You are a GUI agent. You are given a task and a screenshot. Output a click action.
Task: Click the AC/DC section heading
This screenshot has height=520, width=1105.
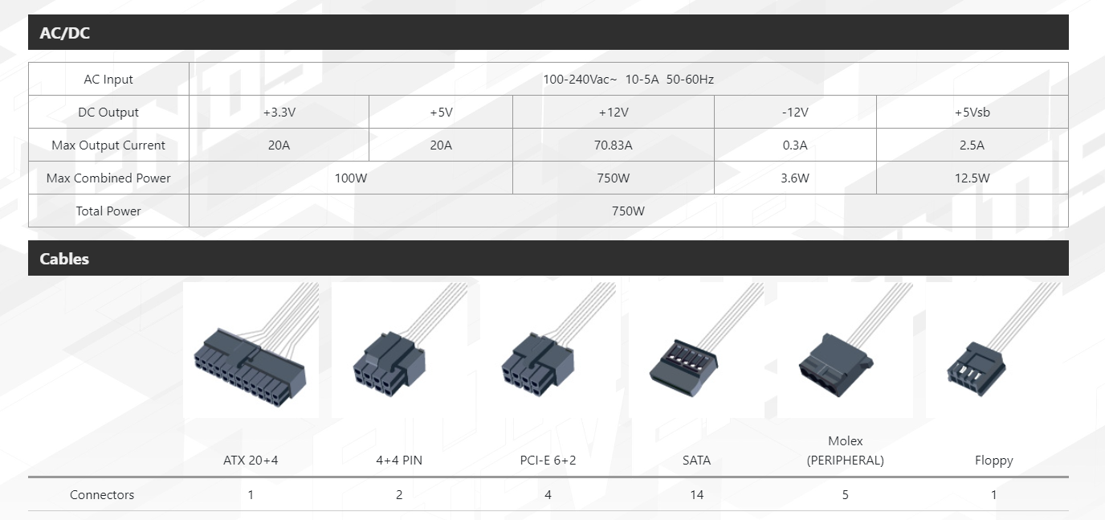pos(64,33)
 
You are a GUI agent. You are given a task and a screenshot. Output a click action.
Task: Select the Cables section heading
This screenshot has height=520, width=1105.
pos(64,259)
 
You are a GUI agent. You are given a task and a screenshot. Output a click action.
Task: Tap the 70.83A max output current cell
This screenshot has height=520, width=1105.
pos(614,145)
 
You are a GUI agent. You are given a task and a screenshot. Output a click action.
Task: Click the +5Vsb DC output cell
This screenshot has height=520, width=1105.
pos(972,112)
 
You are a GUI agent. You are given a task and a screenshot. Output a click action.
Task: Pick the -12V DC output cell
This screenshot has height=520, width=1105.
pos(795,112)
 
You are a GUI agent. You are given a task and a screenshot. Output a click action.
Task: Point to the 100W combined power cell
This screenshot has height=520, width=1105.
pos(351,178)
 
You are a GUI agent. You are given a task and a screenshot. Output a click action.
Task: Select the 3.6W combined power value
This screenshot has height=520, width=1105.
pos(795,178)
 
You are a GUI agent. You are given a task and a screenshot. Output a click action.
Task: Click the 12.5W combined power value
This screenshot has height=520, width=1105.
pos(972,178)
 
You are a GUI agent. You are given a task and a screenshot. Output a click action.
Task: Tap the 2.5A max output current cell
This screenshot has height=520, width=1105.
pos(972,145)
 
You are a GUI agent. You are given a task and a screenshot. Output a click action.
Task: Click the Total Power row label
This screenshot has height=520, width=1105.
pos(108,211)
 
